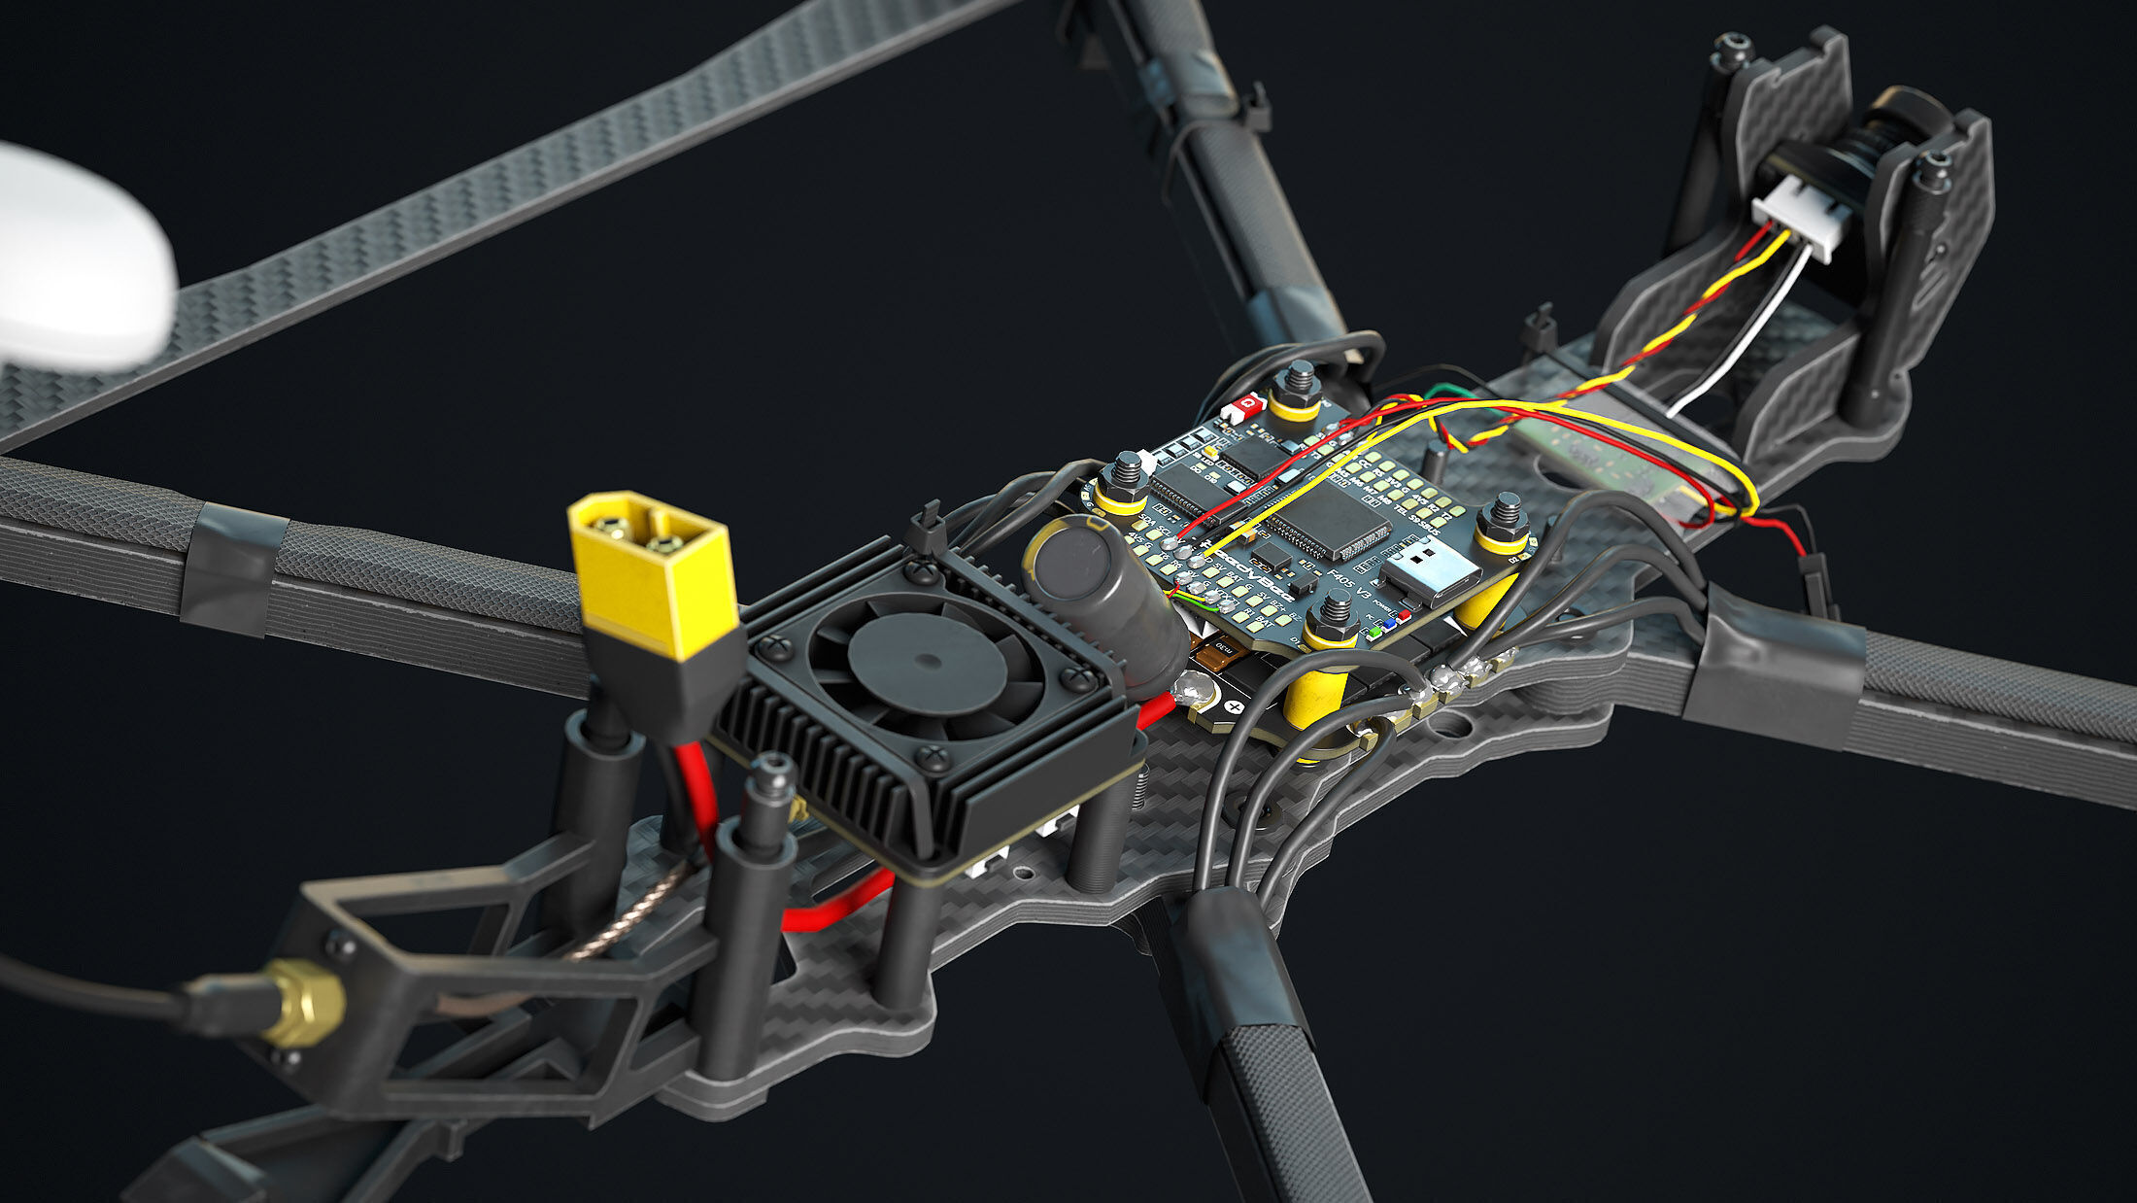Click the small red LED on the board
tap(1404, 615)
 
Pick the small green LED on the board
tap(1374, 633)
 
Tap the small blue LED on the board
tap(1389, 624)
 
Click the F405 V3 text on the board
tap(1349, 587)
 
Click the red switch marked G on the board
tap(1246, 404)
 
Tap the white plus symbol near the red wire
tap(1236, 709)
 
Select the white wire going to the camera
tap(1739, 330)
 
